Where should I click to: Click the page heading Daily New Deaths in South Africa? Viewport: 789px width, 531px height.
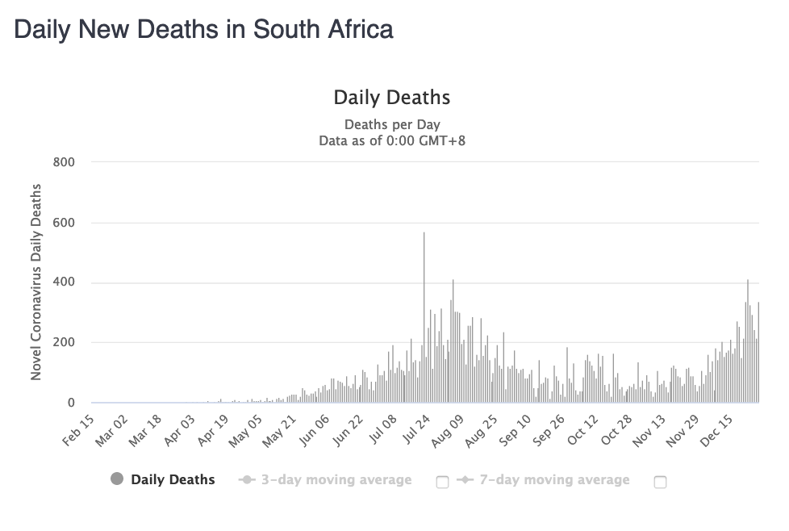pos(203,30)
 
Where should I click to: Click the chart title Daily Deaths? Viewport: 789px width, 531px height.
pos(392,98)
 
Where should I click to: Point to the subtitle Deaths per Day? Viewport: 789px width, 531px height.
pos(392,124)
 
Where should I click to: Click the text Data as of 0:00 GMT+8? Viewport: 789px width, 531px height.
pos(392,140)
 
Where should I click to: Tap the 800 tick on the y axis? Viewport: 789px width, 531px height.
pos(64,162)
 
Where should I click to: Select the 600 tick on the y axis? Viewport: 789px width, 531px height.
pos(64,223)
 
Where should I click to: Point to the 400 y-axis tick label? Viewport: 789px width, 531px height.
pos(64,282)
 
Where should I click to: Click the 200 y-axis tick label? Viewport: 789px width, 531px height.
pos(64,343)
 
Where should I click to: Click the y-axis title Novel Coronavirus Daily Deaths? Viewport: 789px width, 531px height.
pos(36,282)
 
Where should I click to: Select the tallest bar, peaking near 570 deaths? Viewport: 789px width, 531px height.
pos(424,323)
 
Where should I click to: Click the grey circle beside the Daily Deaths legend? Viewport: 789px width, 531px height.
pos(117,479)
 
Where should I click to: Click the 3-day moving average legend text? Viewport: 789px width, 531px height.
pos(336,480)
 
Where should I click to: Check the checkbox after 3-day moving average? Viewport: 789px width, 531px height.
pos(442,482)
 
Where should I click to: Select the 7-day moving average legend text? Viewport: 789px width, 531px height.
pos(553,480)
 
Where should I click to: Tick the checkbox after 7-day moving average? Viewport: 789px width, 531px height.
pos(660,482)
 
